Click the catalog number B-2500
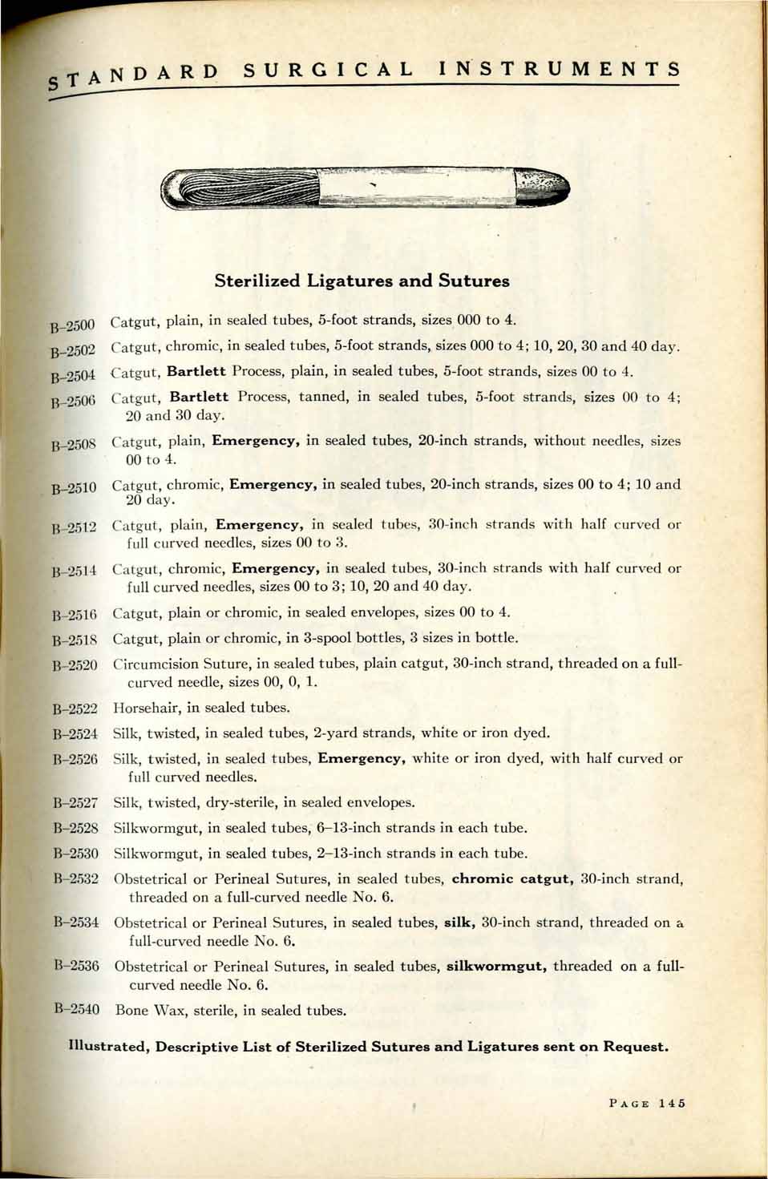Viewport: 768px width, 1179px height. (x=73, y=325)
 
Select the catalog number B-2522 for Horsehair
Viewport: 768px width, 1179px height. (x=75, y=709)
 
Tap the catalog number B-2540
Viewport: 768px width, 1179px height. (x=77, y=1009)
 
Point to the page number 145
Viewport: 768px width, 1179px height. (x=672, y=1103)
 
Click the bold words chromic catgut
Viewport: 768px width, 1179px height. (x=512, y=878)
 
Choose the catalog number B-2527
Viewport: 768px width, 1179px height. (x=75, y=802)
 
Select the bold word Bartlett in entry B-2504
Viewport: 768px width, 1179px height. (x=196, y=371)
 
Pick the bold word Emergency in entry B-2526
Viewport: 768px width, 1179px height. (x=362, y=758)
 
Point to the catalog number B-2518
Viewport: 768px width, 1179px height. (x=75, y=640)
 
